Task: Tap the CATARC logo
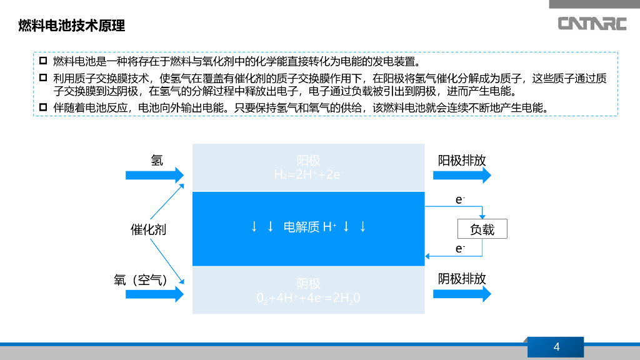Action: pyautogui.click(x=592, y=24)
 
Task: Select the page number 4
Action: pyautogui.click(x=556, y=347)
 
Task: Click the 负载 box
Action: pyautogui.click(x=482, y=229)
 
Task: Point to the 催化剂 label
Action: pyautogui.click(x=148, y=229)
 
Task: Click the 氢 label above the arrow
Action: pyautogui.click(x=157, y=160)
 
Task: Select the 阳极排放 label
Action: pyautogui.click(x=462, y=160)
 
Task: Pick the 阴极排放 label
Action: pyautogui.click(x=462, y=279)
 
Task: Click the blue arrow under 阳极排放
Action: pyautogui.click(x=462, y=176)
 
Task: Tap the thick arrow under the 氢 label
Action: pyautogui.click(x=155, y=175)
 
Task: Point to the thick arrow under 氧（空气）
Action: pyautogui.click(x=155, y=294)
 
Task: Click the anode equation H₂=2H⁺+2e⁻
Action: pyautogui.click(x=309, y=174)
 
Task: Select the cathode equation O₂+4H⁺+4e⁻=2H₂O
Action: pyautogui.click(x=309, y=298)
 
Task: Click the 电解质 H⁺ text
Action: pyautogui.click(x=310, y=227)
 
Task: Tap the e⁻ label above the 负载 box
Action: pyautogui.click(x=460, y=200)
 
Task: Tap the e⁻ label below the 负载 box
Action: pyautogui.click(x=460, y=249)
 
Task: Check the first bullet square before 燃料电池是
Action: pyautogui.click(x=43, y=61)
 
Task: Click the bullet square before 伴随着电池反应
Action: pyautogui.click(x=43, y=107)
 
